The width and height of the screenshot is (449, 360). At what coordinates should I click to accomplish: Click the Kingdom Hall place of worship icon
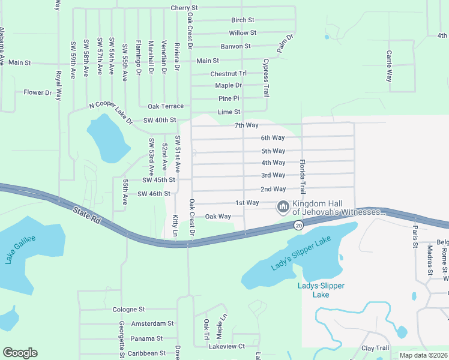tap(283, 207)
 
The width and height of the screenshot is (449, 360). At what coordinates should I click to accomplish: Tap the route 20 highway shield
tap(298, 226)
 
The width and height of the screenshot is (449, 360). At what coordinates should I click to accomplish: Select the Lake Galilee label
tap(20, 250)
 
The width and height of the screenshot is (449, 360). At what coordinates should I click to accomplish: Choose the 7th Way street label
tap(246, 125)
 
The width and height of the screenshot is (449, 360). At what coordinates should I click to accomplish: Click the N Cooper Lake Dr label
tap(111, 112)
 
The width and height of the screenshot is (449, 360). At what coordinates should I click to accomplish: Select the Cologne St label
tap(128, 310)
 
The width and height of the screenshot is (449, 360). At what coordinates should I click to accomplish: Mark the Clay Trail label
tap(375, 348)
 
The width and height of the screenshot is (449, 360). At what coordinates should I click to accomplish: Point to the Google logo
tap(20, 353)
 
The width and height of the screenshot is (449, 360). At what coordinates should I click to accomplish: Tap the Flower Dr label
tap(38, 92)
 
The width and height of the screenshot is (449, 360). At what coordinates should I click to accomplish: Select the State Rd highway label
tap(86, 215)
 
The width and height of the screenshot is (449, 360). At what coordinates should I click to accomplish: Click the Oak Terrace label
tap(166, 106)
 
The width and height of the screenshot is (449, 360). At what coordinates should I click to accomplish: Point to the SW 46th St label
tap(154, 194)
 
